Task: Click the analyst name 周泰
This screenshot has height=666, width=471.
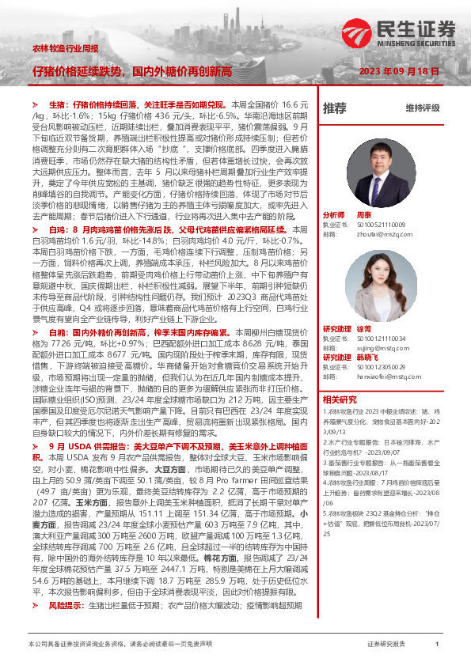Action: click(364, 215)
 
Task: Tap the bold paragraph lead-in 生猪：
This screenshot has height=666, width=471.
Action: click(60, 104)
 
